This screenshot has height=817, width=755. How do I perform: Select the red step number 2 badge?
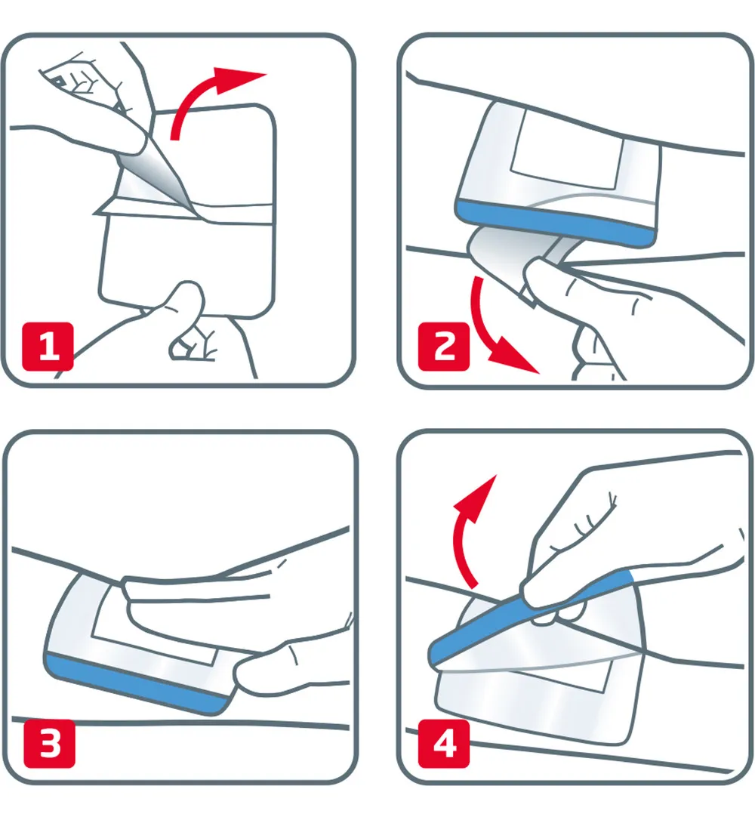coord(445,348)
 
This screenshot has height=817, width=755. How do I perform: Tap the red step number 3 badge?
coord(49,745)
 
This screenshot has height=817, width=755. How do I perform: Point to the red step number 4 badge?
coord(445,745)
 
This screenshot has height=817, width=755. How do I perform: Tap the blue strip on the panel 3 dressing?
coord(136,683)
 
